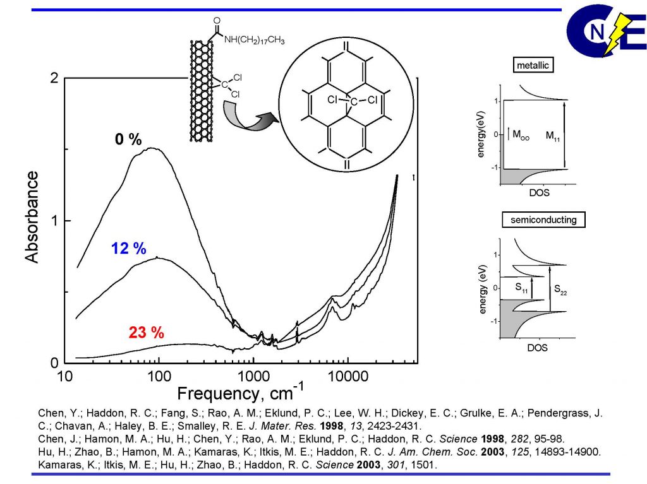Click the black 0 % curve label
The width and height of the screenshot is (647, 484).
128,139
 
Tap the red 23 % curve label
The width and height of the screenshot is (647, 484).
147,333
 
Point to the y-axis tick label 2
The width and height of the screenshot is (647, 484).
54,78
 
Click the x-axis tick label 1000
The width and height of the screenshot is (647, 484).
253,377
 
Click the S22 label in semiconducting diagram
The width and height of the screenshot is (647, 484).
560,289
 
